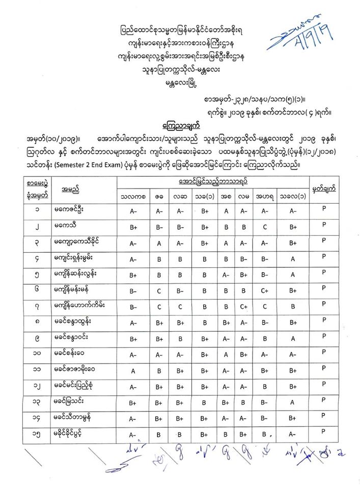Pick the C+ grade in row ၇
pyautogui.click(x=243, y=307)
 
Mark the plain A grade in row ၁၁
pyautogui.click(x=132, y=370)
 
